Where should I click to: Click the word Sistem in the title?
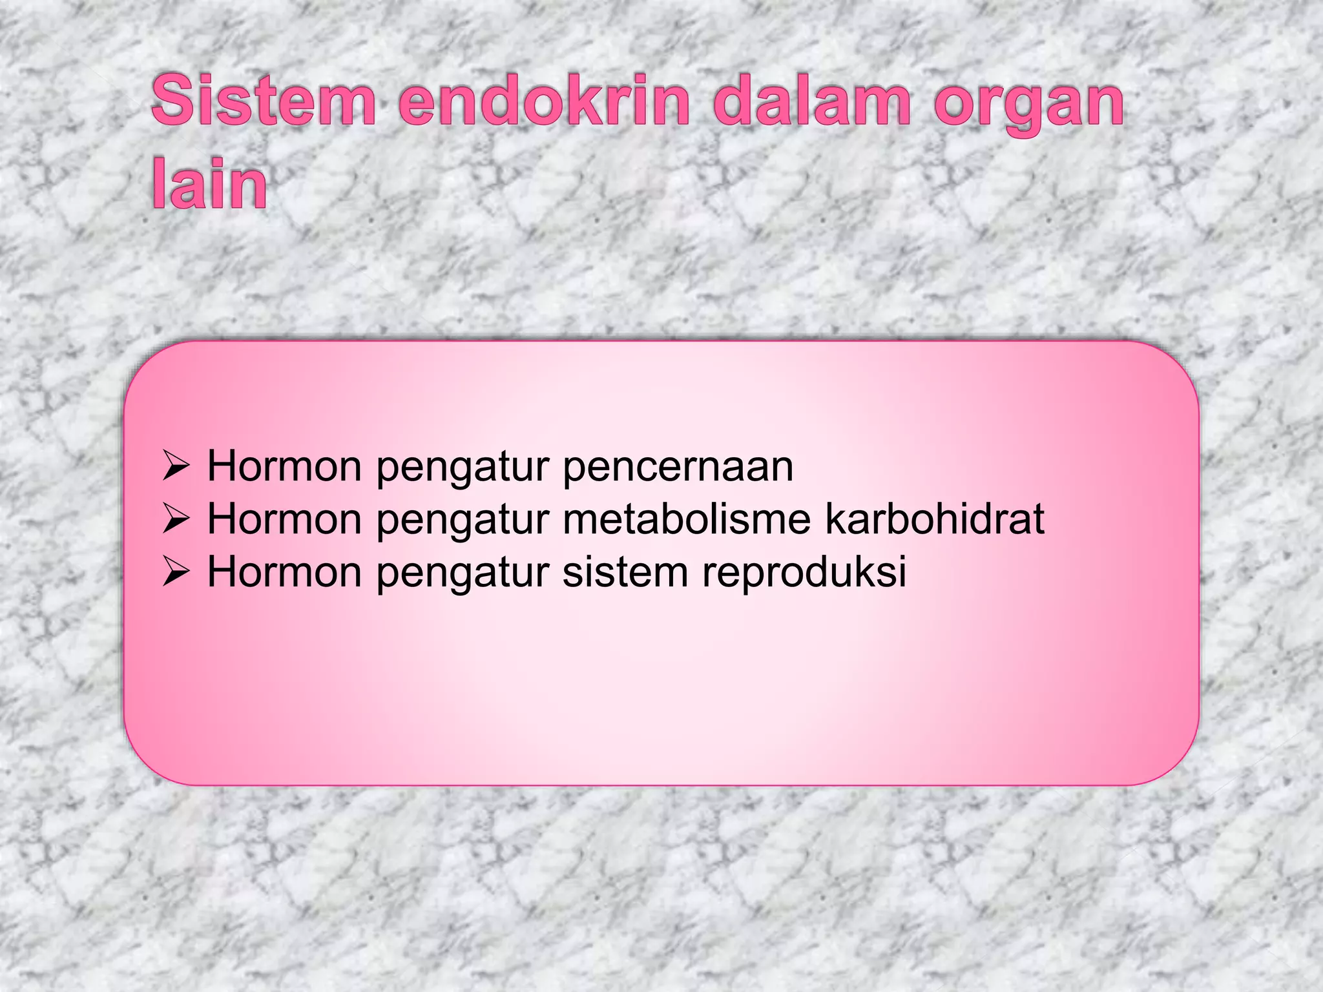(x=264, y=101)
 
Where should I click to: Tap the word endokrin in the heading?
(x=545, y=101)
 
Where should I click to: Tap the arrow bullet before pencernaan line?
(x=175, y=466)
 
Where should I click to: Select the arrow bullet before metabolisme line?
(x=175, y=519)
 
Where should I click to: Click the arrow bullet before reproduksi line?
(x=175, y=572)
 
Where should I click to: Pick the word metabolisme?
(x=686, y=519)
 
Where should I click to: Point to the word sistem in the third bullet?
(x=625, y=572)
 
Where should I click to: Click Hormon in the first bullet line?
(x=284, y=466)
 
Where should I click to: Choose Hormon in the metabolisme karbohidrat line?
(x=284, y=519)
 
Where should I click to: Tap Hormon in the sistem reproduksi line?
(x=284, y=572)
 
